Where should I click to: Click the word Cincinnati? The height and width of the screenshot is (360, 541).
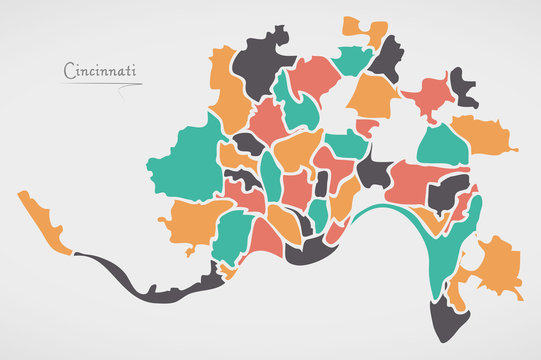click(101, 71)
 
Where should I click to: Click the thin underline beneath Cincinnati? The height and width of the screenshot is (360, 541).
click(100, 84)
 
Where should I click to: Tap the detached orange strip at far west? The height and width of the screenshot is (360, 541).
click(43, 222)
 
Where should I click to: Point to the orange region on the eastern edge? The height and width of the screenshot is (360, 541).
click(481, 136)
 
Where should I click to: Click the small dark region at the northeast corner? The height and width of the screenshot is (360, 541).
click(462, 87)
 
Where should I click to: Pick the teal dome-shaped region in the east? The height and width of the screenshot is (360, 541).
click(442, 146)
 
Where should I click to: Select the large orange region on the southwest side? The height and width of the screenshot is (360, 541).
click(190, 222)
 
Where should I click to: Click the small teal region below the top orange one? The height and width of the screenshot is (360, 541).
click(351, 60)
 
